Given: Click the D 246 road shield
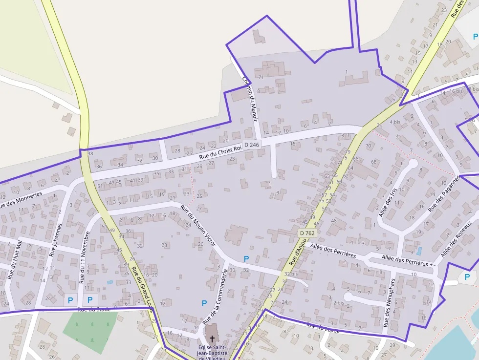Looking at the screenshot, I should (x=251, y=145).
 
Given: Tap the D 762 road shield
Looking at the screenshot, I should (x=307, y=233).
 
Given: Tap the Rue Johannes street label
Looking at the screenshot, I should (x=56, y=240).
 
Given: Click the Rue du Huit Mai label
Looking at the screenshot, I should (x=15, y=261).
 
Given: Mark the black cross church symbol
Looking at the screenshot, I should (x=212, y=338).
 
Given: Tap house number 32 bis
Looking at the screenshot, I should (x=291, y=274).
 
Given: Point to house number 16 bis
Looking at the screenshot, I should (x=456, y=91).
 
